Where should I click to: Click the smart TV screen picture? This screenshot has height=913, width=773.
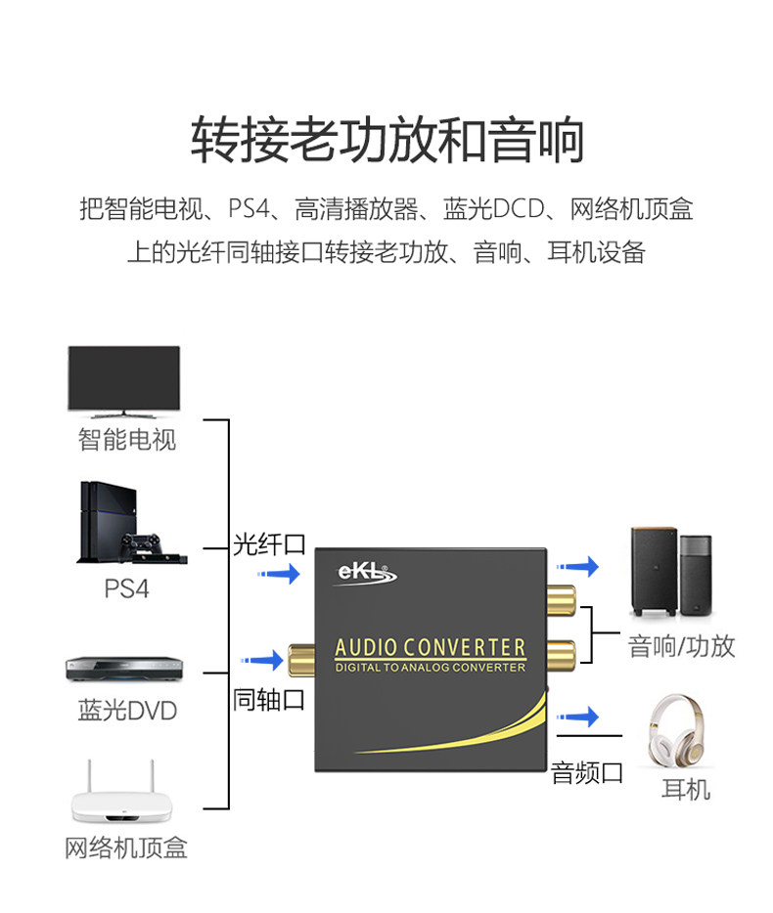[x=123, y=381]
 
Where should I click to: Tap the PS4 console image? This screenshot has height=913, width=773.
[x=132, y=522]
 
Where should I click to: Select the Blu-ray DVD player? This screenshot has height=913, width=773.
[x=124, y=670]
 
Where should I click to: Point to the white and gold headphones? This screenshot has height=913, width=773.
[x=678, y=730]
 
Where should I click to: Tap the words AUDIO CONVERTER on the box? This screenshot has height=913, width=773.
[x=431, y=647]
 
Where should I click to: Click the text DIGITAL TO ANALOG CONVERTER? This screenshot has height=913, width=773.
[x=431, y=668]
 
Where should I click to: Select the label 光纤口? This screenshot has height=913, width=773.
[x=269, y=544]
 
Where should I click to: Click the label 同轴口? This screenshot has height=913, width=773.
[x=269, y=699]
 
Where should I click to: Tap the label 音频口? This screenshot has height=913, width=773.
[x=587, y=772]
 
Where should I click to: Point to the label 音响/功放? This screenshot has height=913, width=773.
[x=681, y=646]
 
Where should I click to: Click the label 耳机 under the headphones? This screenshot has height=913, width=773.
[x=686, y=790]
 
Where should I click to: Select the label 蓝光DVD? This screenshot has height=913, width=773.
[x=127, y=711]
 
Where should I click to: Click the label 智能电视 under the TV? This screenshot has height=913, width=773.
[x=127, y=439]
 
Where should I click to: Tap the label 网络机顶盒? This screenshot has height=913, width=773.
[x=126, y=848]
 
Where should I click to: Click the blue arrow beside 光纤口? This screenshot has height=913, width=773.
[x=279, y=574]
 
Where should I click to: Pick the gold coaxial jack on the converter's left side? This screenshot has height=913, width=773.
[x=301, y=660]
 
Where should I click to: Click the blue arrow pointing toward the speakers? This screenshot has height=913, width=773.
[x=577, y=566]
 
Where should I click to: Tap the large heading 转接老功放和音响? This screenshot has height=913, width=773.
[x=387, y=140]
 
